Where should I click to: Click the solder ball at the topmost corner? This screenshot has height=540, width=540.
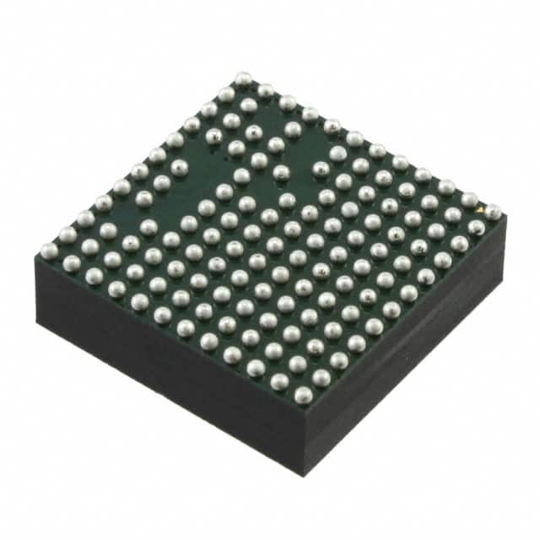(243, 78)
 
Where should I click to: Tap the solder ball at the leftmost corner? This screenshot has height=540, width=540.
(49, 250)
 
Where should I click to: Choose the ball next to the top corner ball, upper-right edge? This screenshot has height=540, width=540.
(266, 90)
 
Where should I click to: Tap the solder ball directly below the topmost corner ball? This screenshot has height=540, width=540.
(248, 105)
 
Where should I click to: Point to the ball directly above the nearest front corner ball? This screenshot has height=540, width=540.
(298, 364)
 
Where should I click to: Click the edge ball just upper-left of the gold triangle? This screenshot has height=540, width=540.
(469, 199)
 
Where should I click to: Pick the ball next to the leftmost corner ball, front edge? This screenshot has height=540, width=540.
(71, 263)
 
